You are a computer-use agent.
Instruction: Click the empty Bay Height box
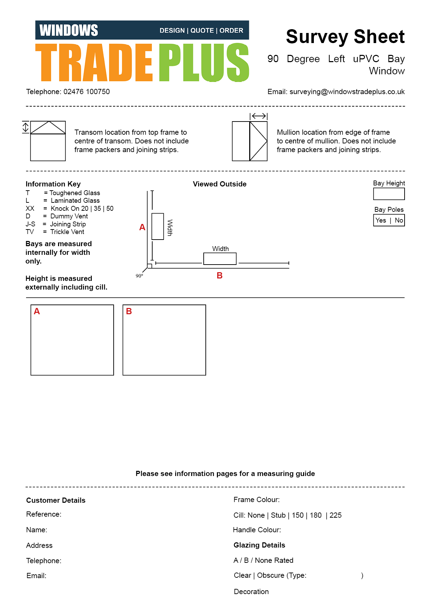[389, 194]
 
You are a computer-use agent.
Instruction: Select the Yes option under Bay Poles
[381, 220]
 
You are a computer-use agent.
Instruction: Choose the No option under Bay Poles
[399, 220]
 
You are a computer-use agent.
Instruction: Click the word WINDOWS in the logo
[69, 30]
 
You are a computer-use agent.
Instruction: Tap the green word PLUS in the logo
[204, 62]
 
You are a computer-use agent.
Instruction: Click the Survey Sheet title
[345, 36]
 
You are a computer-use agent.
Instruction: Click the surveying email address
[347, 92]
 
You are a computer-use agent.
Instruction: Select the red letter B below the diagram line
[219, 275]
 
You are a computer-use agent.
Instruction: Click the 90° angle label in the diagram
[139, 276]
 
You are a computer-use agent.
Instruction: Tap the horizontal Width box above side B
[220, 259]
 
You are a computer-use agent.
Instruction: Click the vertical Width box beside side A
[157, 226]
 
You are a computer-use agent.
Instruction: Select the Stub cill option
[278, 515]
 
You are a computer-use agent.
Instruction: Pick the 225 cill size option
[335, 515]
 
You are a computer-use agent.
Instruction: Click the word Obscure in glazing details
[271, 575]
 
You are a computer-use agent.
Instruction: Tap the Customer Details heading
[56, 500]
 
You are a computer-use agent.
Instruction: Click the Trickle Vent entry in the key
[67, 232]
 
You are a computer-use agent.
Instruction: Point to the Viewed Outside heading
[220, 184]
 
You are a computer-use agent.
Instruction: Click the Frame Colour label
[256, 500]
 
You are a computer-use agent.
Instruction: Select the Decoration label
[251, 592]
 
